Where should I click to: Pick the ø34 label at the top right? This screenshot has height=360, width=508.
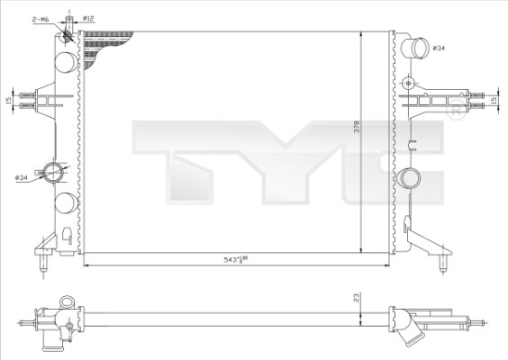click(x=439, y=47)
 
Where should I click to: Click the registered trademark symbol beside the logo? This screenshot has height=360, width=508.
click(x=457, y=114)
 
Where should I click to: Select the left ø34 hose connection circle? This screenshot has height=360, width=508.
click(x=55, y=174)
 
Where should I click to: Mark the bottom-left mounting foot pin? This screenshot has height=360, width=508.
click(x=43, y=263)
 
